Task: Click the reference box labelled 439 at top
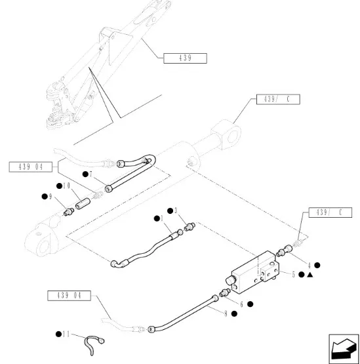pyautogui.click(x=185, y=58)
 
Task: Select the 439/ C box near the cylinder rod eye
pyautogui.click(x=278, y=99)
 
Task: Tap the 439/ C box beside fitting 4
pyautogui.click(x=330, y=212)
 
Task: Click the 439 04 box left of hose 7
pyautogui.click(x=31, y=167)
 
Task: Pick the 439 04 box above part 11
pyautogui.click(x=69, y=296)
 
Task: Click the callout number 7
pyautogui.click(x=90, y=174)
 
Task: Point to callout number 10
pyautogui.click(x=66, y=186)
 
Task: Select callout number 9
pyautogui.click(x=50, y=197)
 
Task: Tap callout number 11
pyautogui.click(x=66, y=334)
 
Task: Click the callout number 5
pyautogui.click(x=293, y=275)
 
